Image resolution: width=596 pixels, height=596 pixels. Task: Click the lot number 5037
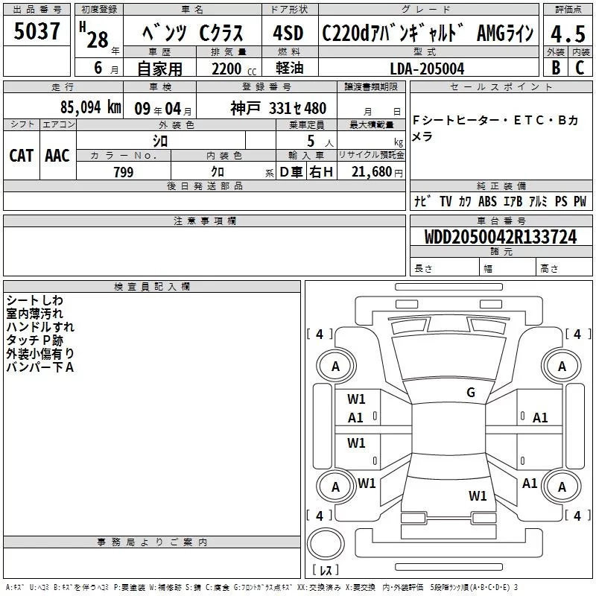click(37, 31)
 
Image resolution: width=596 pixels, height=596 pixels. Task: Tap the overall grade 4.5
click(568, 34)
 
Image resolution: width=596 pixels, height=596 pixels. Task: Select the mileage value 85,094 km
click(91, 107)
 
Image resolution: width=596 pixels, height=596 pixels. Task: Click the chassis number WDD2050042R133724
click(501, 237)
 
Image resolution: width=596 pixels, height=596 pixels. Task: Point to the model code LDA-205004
click(427, 69)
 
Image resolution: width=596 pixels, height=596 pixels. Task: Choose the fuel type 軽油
click(290, 68)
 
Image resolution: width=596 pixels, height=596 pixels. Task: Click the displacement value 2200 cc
click(234, 69)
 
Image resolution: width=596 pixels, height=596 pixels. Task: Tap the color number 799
click(124, 172)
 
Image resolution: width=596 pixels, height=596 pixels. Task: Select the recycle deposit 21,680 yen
click(377, 172)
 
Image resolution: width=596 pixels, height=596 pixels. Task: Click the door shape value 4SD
click(288, 33)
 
